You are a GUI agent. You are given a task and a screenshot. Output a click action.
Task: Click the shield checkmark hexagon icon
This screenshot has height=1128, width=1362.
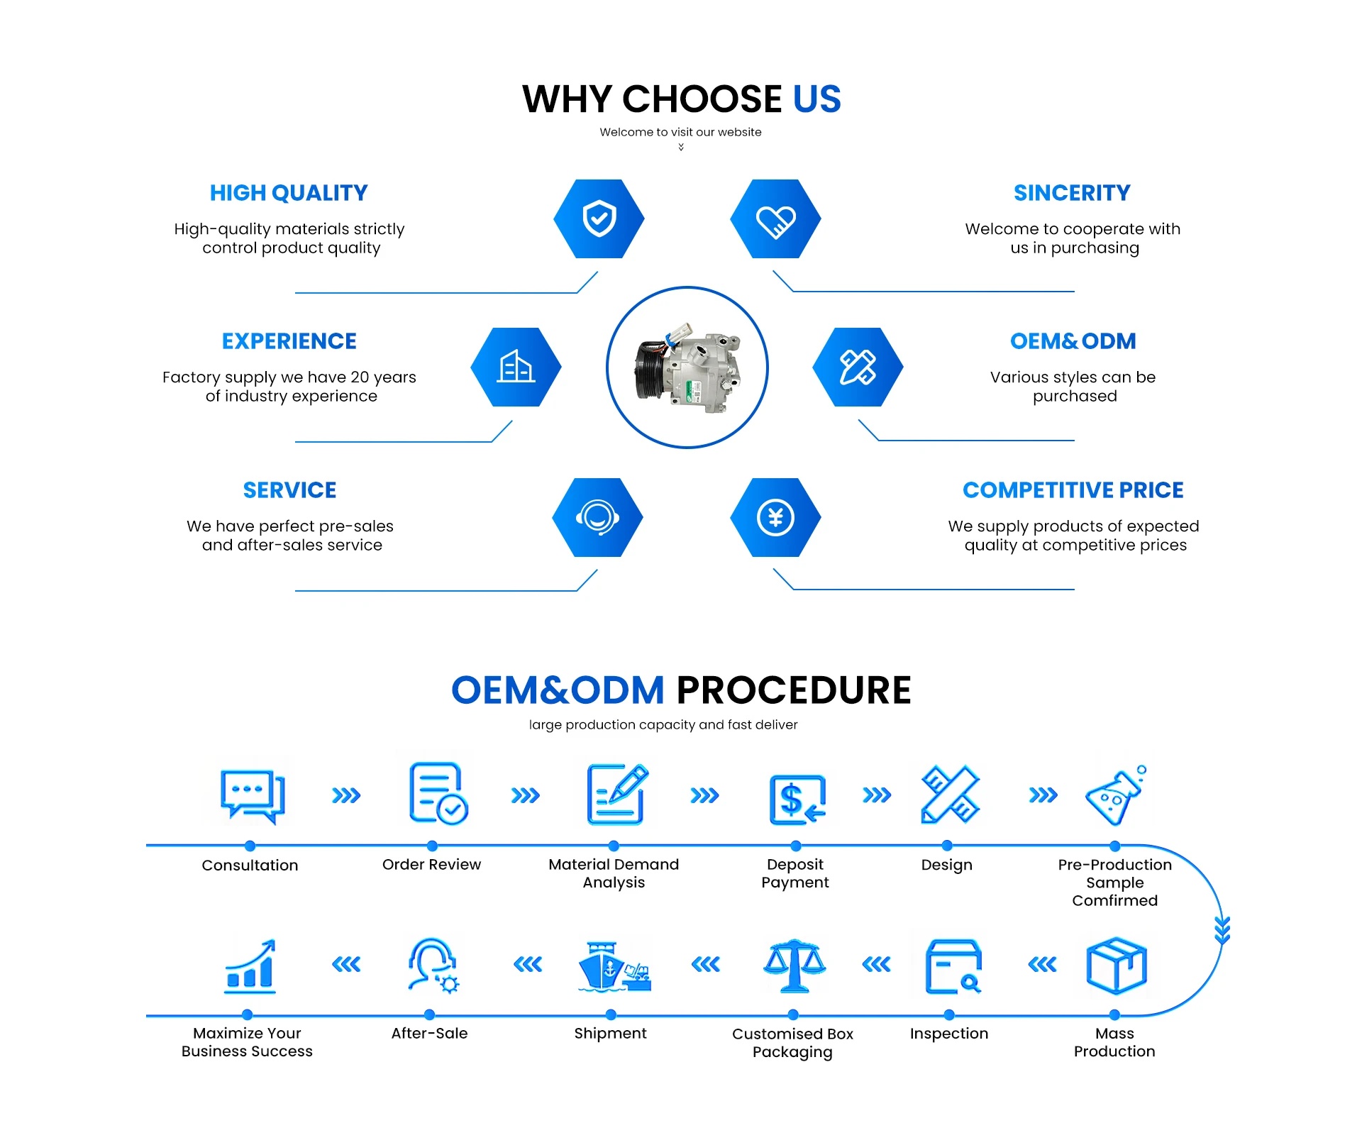coord(599,219)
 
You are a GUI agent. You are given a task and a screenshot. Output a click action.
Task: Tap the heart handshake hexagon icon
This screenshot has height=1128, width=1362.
coord(775,219)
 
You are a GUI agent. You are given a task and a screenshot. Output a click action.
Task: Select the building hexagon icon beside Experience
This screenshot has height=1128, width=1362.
coord(516,367)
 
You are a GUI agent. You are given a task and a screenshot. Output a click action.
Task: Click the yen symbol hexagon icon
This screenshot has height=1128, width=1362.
coord(775,517)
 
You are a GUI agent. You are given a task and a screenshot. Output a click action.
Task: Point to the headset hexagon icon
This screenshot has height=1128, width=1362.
coord(597,517)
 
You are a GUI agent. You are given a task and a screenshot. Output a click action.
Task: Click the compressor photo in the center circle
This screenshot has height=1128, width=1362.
coord(687,367)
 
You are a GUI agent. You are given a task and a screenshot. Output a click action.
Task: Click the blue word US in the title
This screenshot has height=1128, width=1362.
coord(816,99)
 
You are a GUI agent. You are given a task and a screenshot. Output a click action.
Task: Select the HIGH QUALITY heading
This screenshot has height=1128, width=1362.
coord(289,193)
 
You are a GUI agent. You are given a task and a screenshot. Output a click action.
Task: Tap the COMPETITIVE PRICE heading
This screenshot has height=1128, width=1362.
coord(1073,490)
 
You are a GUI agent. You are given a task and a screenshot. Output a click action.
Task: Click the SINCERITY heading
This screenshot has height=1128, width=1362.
coord(1072,193)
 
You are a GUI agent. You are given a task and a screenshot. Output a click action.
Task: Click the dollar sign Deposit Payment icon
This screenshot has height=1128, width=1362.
coord(797,800)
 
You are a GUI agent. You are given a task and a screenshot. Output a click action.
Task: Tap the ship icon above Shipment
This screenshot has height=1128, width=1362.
coord(613,967)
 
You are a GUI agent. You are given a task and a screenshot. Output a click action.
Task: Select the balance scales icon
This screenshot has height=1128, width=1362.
coord(794,966)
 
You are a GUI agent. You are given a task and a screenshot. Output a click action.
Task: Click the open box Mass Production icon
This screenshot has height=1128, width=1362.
coord(1116,966)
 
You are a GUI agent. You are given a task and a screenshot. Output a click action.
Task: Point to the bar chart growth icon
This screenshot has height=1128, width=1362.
coord(250,966)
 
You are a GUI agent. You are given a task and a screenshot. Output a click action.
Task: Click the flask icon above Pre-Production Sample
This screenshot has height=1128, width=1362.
coord(1115,796)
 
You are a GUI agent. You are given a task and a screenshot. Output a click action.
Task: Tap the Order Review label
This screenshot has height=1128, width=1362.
coord(431,864)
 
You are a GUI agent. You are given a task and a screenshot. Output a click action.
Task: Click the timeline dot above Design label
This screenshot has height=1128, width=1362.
coord(947,846)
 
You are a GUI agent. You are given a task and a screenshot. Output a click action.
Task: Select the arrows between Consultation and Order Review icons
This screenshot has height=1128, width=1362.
coord(346,795)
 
